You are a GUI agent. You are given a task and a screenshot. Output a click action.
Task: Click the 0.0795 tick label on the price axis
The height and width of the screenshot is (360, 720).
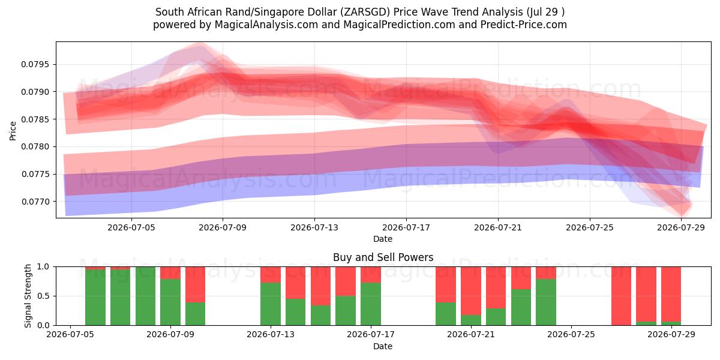(x=35, y=65)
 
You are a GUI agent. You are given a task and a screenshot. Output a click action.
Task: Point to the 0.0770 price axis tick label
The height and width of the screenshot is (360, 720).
(x=35, y=202)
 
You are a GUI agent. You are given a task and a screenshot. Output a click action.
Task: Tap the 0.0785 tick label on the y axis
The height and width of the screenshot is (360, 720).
(x=35, y=119)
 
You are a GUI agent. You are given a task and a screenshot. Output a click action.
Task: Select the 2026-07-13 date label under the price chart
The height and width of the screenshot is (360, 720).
(x=314, y=227)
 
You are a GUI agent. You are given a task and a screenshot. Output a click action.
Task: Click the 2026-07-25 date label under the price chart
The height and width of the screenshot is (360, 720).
(x=589, y=227)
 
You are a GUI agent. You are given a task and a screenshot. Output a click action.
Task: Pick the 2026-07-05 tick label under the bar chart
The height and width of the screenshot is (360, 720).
(x=70, y=335)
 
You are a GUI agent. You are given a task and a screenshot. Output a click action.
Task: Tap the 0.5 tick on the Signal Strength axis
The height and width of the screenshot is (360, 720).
(x=44, y=296)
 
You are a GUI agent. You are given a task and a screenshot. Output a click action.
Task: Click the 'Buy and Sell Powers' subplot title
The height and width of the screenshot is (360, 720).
(x=383, y=257)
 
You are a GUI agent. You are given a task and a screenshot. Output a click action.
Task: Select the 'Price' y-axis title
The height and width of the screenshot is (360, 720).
(x=13, y=131)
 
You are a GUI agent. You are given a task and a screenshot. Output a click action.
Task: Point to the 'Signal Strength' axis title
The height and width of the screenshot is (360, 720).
(x=28, y=296)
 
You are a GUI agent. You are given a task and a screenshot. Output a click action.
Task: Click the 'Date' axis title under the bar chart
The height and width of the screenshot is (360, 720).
(x=383, y=346)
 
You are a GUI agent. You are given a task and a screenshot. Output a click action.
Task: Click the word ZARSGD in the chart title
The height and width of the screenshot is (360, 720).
(x=365, y=12)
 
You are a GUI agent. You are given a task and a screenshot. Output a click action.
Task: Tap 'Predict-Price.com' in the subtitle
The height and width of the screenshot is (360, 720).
(x=524, y=25)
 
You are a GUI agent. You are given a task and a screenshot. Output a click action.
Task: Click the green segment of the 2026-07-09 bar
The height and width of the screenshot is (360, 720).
(x=170, y=302)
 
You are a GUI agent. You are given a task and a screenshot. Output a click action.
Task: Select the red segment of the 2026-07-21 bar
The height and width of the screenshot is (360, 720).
(x=471, y=290)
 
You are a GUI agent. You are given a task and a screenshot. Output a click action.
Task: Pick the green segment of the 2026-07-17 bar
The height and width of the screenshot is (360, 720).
(x=371, y=304)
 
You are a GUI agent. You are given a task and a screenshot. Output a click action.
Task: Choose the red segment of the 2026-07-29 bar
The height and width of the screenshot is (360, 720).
(x=671, y=294)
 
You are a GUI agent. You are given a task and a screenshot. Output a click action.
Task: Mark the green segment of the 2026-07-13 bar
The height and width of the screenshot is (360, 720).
(x=271, y=304)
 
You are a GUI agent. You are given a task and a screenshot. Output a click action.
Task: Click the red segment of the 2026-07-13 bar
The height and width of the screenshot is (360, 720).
(x=271, y=275)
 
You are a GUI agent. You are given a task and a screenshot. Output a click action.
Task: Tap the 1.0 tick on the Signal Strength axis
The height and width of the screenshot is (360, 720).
(x=44, y=267)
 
